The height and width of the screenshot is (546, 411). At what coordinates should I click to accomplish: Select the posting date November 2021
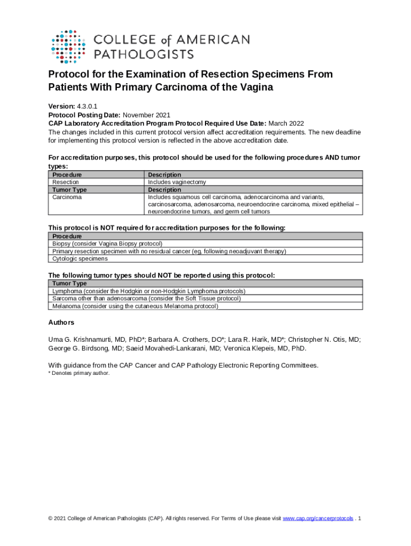click(147, 115)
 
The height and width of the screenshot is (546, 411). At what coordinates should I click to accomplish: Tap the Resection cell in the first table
click(66, 182)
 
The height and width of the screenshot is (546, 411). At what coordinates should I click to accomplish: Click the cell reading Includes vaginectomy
click(177, 182)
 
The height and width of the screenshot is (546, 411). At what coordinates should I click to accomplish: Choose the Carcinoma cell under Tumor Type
click(67, 197)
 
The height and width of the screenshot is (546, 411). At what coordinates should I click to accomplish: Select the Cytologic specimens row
click(80, 259)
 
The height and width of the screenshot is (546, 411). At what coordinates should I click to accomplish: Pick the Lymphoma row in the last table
click(148, 291)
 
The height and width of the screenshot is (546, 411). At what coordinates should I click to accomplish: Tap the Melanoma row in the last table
click(135, 306)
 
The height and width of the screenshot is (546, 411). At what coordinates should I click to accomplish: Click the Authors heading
click(61, 323)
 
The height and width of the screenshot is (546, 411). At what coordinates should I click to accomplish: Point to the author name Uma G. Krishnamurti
click(86, 339)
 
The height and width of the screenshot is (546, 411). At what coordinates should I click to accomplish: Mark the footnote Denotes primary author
click(79, 373)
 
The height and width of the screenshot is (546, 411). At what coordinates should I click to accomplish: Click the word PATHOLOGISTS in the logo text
click(144, 54)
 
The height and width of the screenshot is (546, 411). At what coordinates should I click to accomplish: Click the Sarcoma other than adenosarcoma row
click(146, 299)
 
